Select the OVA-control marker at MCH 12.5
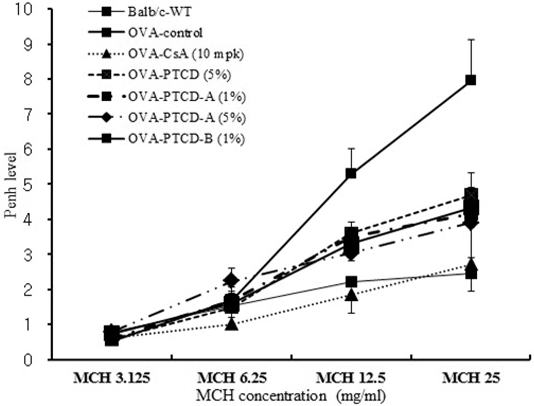click(351, 173)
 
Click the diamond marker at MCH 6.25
click(231, 280)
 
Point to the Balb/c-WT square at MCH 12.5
click(351, 281)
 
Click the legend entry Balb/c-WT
click(160, 12)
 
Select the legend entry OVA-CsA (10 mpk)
click(186, 54)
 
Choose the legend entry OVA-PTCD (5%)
click(180, 75)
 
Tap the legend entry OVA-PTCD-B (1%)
click(186, 139)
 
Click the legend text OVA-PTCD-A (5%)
click(187, 118)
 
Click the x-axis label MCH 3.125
click(112, 378)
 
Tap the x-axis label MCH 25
click(471, 378)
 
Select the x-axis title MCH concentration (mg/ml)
click(291, 396)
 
